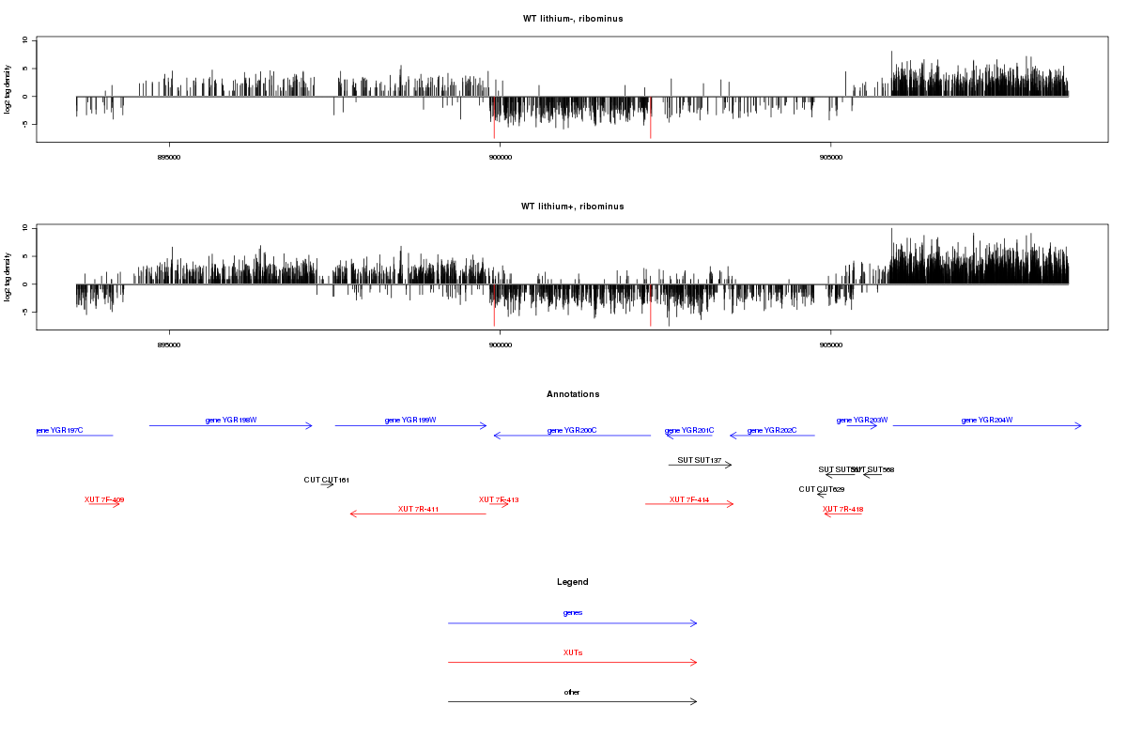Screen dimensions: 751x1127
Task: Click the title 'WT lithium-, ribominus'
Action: (573, 19)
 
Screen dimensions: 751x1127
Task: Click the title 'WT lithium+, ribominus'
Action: (573, 207)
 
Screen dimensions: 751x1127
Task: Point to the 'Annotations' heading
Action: (573, 394)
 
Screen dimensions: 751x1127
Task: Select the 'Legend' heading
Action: (573, 582)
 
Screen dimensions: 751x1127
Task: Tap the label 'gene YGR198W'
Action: (230, 420)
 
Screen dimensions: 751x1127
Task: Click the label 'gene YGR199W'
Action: (410, 420)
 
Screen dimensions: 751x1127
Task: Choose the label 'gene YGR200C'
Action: (572, 430)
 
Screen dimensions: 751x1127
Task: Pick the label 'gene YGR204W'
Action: (987, 420)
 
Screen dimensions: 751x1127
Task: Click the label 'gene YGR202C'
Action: (772, 430)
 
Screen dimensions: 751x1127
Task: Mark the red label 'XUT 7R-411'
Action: (418, 509)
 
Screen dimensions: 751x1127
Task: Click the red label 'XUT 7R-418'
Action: (842, 509)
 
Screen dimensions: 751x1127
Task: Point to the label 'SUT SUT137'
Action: (700, 460)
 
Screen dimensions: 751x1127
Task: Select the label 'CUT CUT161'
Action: (326, 480)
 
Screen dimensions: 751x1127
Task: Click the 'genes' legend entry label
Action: (573, 613)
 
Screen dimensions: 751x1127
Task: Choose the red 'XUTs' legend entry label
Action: (573, 652)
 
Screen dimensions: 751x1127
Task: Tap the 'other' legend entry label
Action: (573, 692)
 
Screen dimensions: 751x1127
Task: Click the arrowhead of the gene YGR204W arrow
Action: (1079, 426)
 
